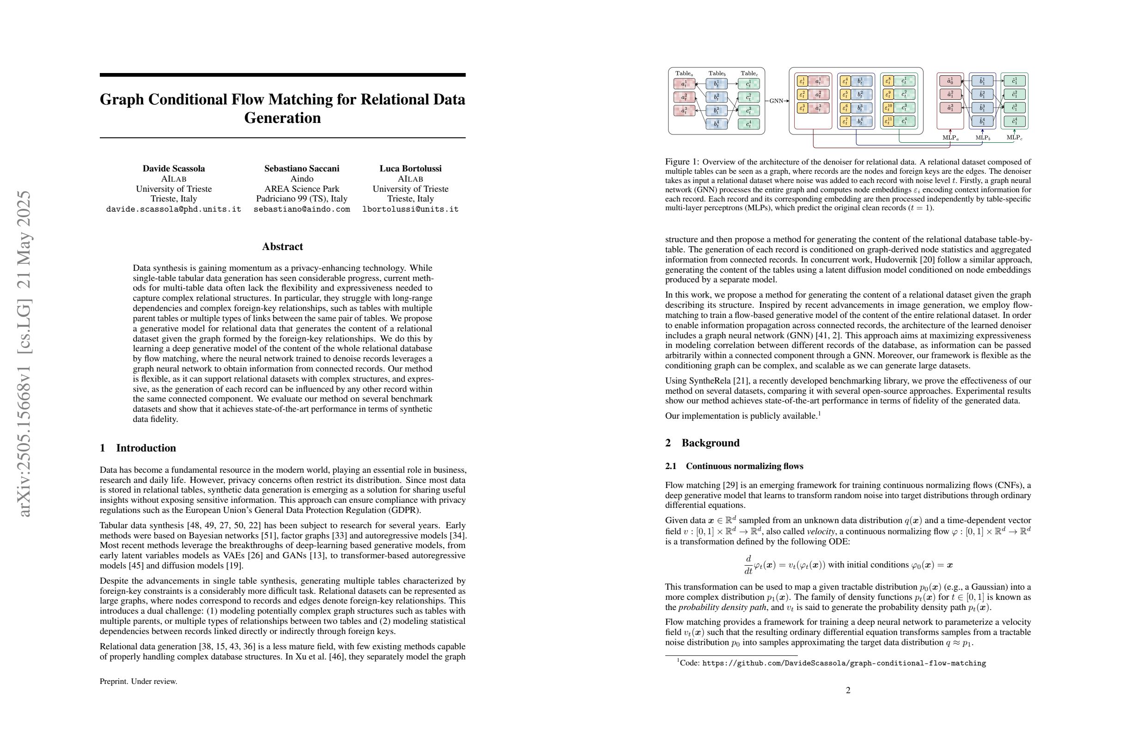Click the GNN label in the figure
click(x=776, y=101)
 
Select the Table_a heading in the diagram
click(x=684, y=73)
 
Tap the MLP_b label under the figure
click(x=983, y=138)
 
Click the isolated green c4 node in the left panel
click(x=748, y=124)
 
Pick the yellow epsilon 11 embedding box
click(x=888, y=121)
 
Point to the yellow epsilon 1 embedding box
click(x=802, y=81)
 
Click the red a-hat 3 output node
click(x=950, y=108)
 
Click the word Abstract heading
click(x=282, y=246)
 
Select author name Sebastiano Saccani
click(x=302, y=168)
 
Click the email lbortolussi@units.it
click(x=410, y=209)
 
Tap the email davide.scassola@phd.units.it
click(x=173, y=209)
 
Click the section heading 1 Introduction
click(x=138, y=448)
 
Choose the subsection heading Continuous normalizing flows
click(x=744, y=466)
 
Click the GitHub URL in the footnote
click(x=844, y=663)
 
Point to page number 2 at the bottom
click(x=848, y=690)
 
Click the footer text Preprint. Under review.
click(x=138, y=681)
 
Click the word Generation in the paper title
click(x=282, y=118)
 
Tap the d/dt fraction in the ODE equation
click(x=748, y=564)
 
